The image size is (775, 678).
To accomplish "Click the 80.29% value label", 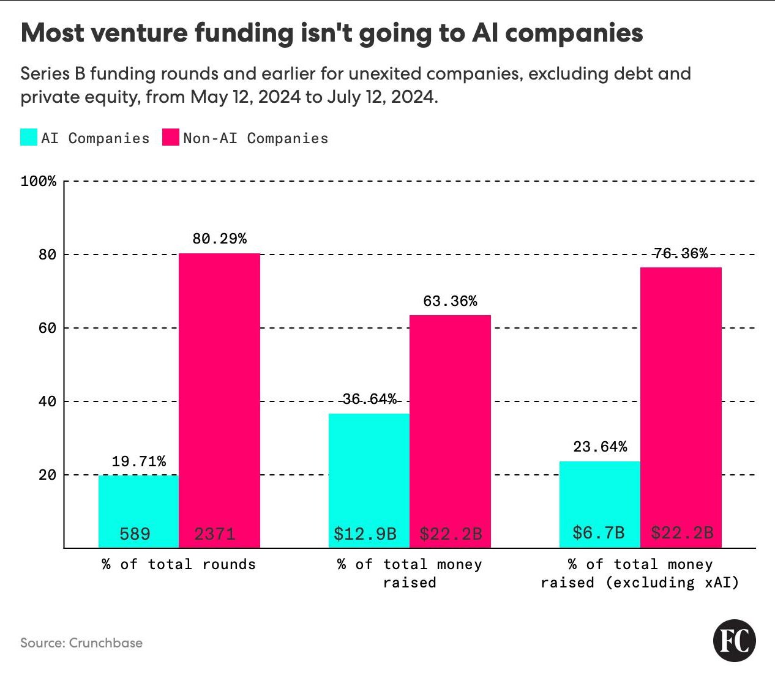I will click(219, 239).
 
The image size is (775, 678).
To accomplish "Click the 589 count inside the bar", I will click(135, 534).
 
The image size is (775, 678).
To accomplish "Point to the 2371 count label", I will click(215, 534).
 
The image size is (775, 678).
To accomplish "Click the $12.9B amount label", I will click(365, 534).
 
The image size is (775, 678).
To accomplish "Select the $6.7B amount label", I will click(598, 532).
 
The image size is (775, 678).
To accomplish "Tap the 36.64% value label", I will click(369, 399).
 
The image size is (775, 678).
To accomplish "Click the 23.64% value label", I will click(600, 447).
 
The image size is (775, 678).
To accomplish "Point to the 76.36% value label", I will click(680, 253).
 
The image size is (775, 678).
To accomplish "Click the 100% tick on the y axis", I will click(39, 181).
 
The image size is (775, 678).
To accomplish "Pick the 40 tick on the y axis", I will click(47, 401).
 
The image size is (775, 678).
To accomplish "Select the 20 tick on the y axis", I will click(47, 475).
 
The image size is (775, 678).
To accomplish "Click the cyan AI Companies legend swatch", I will click(29, 137).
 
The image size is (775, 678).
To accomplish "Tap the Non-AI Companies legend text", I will click(255, 138).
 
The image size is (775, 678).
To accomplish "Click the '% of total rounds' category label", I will click(179, 564).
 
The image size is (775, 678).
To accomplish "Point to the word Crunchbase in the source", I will click(105, 643).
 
